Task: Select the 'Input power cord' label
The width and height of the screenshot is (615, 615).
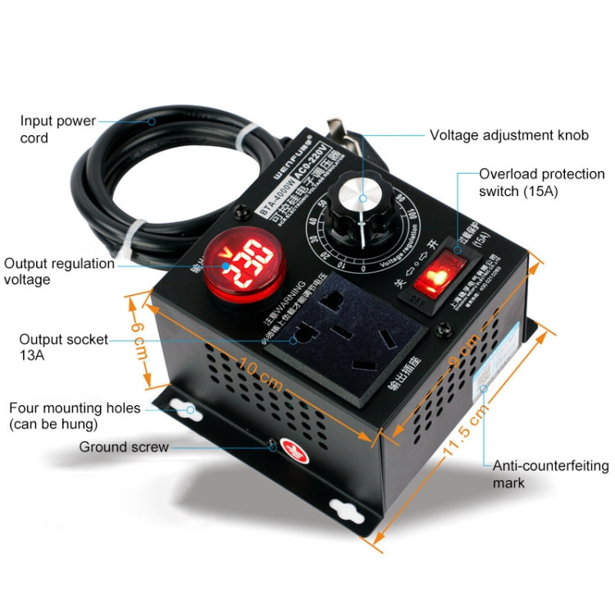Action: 57,130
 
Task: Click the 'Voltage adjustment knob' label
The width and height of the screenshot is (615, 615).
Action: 508,135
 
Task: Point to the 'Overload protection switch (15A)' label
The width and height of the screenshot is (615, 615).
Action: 541,182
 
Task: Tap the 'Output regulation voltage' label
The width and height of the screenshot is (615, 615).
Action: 59,271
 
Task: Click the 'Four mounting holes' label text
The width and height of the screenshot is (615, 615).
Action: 75,416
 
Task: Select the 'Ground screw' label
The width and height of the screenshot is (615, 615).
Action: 124,447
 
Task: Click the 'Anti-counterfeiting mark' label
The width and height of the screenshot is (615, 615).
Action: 550,474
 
